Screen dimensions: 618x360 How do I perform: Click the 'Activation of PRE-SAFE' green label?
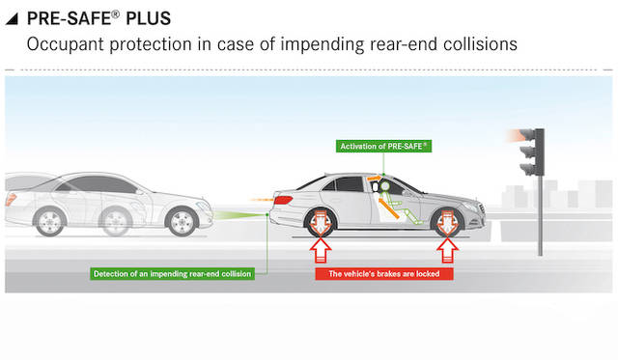(383, 146)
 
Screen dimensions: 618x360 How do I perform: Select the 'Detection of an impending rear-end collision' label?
(172, 274)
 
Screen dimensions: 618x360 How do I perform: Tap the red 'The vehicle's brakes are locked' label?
(384, 274)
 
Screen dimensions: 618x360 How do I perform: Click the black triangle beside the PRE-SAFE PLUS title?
(12, 18)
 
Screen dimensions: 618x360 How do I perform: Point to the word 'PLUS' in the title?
(148, 18)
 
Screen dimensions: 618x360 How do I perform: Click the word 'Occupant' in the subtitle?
(65, 44)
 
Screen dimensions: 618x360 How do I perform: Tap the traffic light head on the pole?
(532, 152)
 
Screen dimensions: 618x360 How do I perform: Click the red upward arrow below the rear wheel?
(320, 250)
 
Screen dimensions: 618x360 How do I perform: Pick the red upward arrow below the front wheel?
(447, 250)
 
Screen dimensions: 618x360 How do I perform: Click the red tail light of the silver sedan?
(283, 200)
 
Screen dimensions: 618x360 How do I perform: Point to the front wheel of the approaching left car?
(182, 221)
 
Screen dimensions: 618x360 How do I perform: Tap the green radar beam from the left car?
(239, 215)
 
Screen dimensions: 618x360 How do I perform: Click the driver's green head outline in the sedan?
(384, 186)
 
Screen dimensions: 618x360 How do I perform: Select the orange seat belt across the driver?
(388, 208)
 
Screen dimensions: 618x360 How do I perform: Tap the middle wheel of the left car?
(115, 221)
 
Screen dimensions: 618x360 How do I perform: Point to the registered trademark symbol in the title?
(115, 14)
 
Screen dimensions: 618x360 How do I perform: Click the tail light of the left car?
(11, 199)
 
